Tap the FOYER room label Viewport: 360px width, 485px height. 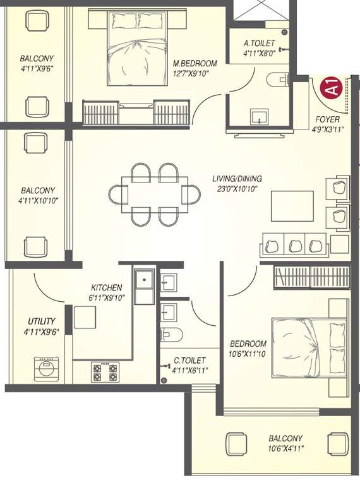tap(328, 119)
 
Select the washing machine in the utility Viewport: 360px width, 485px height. tap(46, 369)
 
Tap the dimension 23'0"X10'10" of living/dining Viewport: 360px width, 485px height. tap(237, 189)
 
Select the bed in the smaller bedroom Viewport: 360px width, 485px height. tap(305, 345)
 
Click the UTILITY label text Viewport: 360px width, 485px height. tap(41, 321)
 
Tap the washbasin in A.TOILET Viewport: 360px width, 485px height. tap(259, 117)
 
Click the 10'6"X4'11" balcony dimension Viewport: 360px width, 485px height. tap(285, 449)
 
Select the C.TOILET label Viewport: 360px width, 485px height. tap(188, 362)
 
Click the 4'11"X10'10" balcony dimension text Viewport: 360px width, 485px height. tap(37, 201)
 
